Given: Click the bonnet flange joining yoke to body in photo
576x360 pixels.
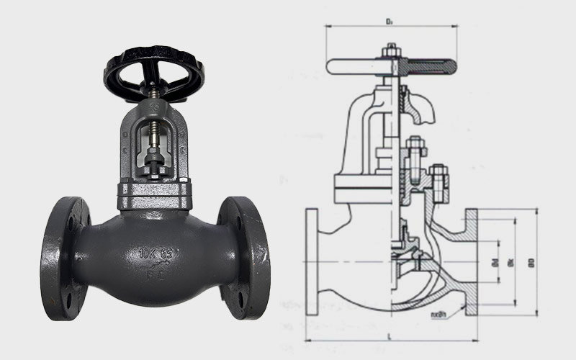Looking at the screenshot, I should (155, 192).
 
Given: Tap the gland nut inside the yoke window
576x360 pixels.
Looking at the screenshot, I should (154, 156).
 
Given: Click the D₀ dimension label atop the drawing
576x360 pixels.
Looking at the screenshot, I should (389, 22).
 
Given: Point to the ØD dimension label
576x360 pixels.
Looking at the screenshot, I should (531, 262).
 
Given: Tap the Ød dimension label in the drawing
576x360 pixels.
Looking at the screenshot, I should (495, 262).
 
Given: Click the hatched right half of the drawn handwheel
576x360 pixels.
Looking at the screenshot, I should (428, 67).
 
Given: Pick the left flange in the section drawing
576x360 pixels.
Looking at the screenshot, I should (312, 262).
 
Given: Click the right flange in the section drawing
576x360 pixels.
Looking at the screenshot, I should (471, 262).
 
